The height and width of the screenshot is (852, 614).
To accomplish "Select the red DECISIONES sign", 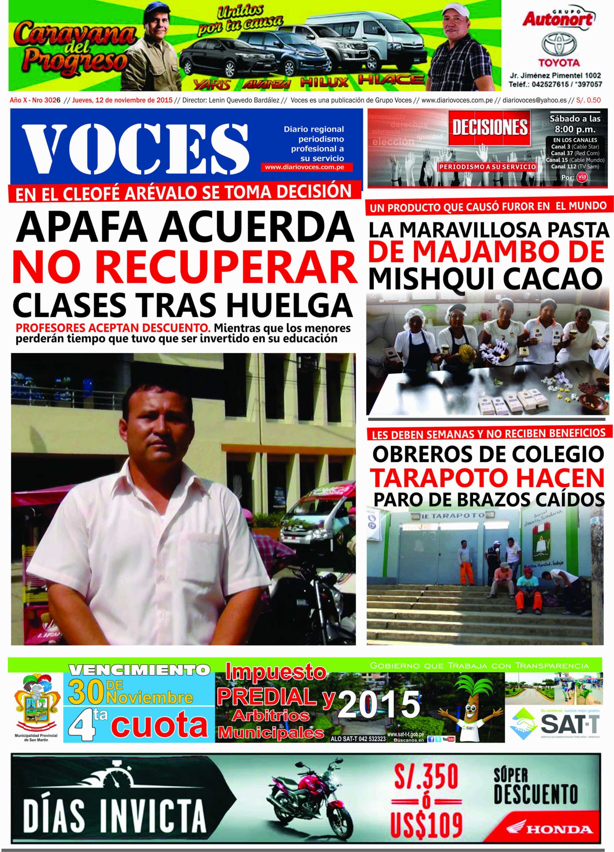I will tap(490, 128).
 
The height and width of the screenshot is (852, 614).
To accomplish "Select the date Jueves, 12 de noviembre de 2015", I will tap(122, 100).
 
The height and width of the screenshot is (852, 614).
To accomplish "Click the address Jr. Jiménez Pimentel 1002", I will tap(555, 76).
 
